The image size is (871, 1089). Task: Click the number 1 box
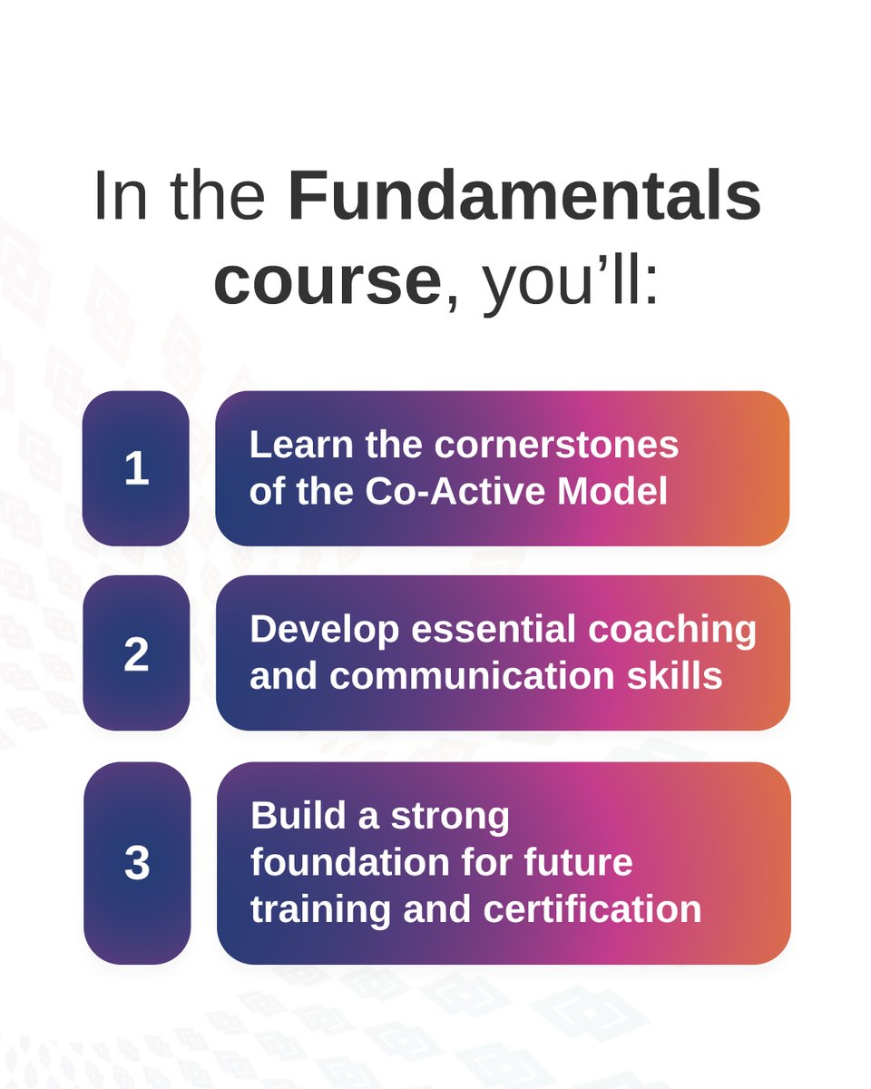coord(136,468)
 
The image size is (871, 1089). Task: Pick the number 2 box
coord(136,653)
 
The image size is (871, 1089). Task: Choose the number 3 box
coord(137,863)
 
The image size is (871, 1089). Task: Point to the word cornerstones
coord(556,445)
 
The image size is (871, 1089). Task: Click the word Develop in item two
coord(324,629)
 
